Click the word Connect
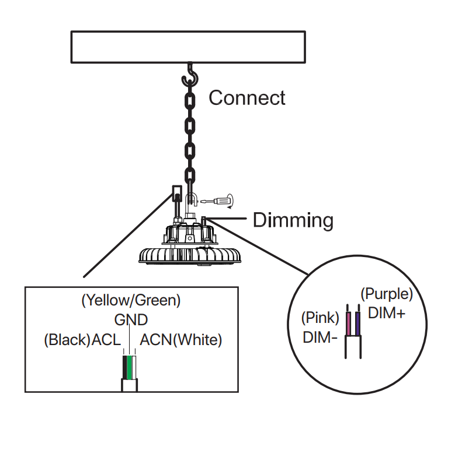coord(246,98)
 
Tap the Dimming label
coord(293,220)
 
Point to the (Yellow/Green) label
coord(131,301)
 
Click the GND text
coord(131,320)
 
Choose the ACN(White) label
coord(181,340)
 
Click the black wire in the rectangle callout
coord(125,367)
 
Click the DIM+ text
coord(387,313)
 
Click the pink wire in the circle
coord(349,324)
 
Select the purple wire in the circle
coord(357,324)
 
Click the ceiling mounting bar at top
coord(188,47)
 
